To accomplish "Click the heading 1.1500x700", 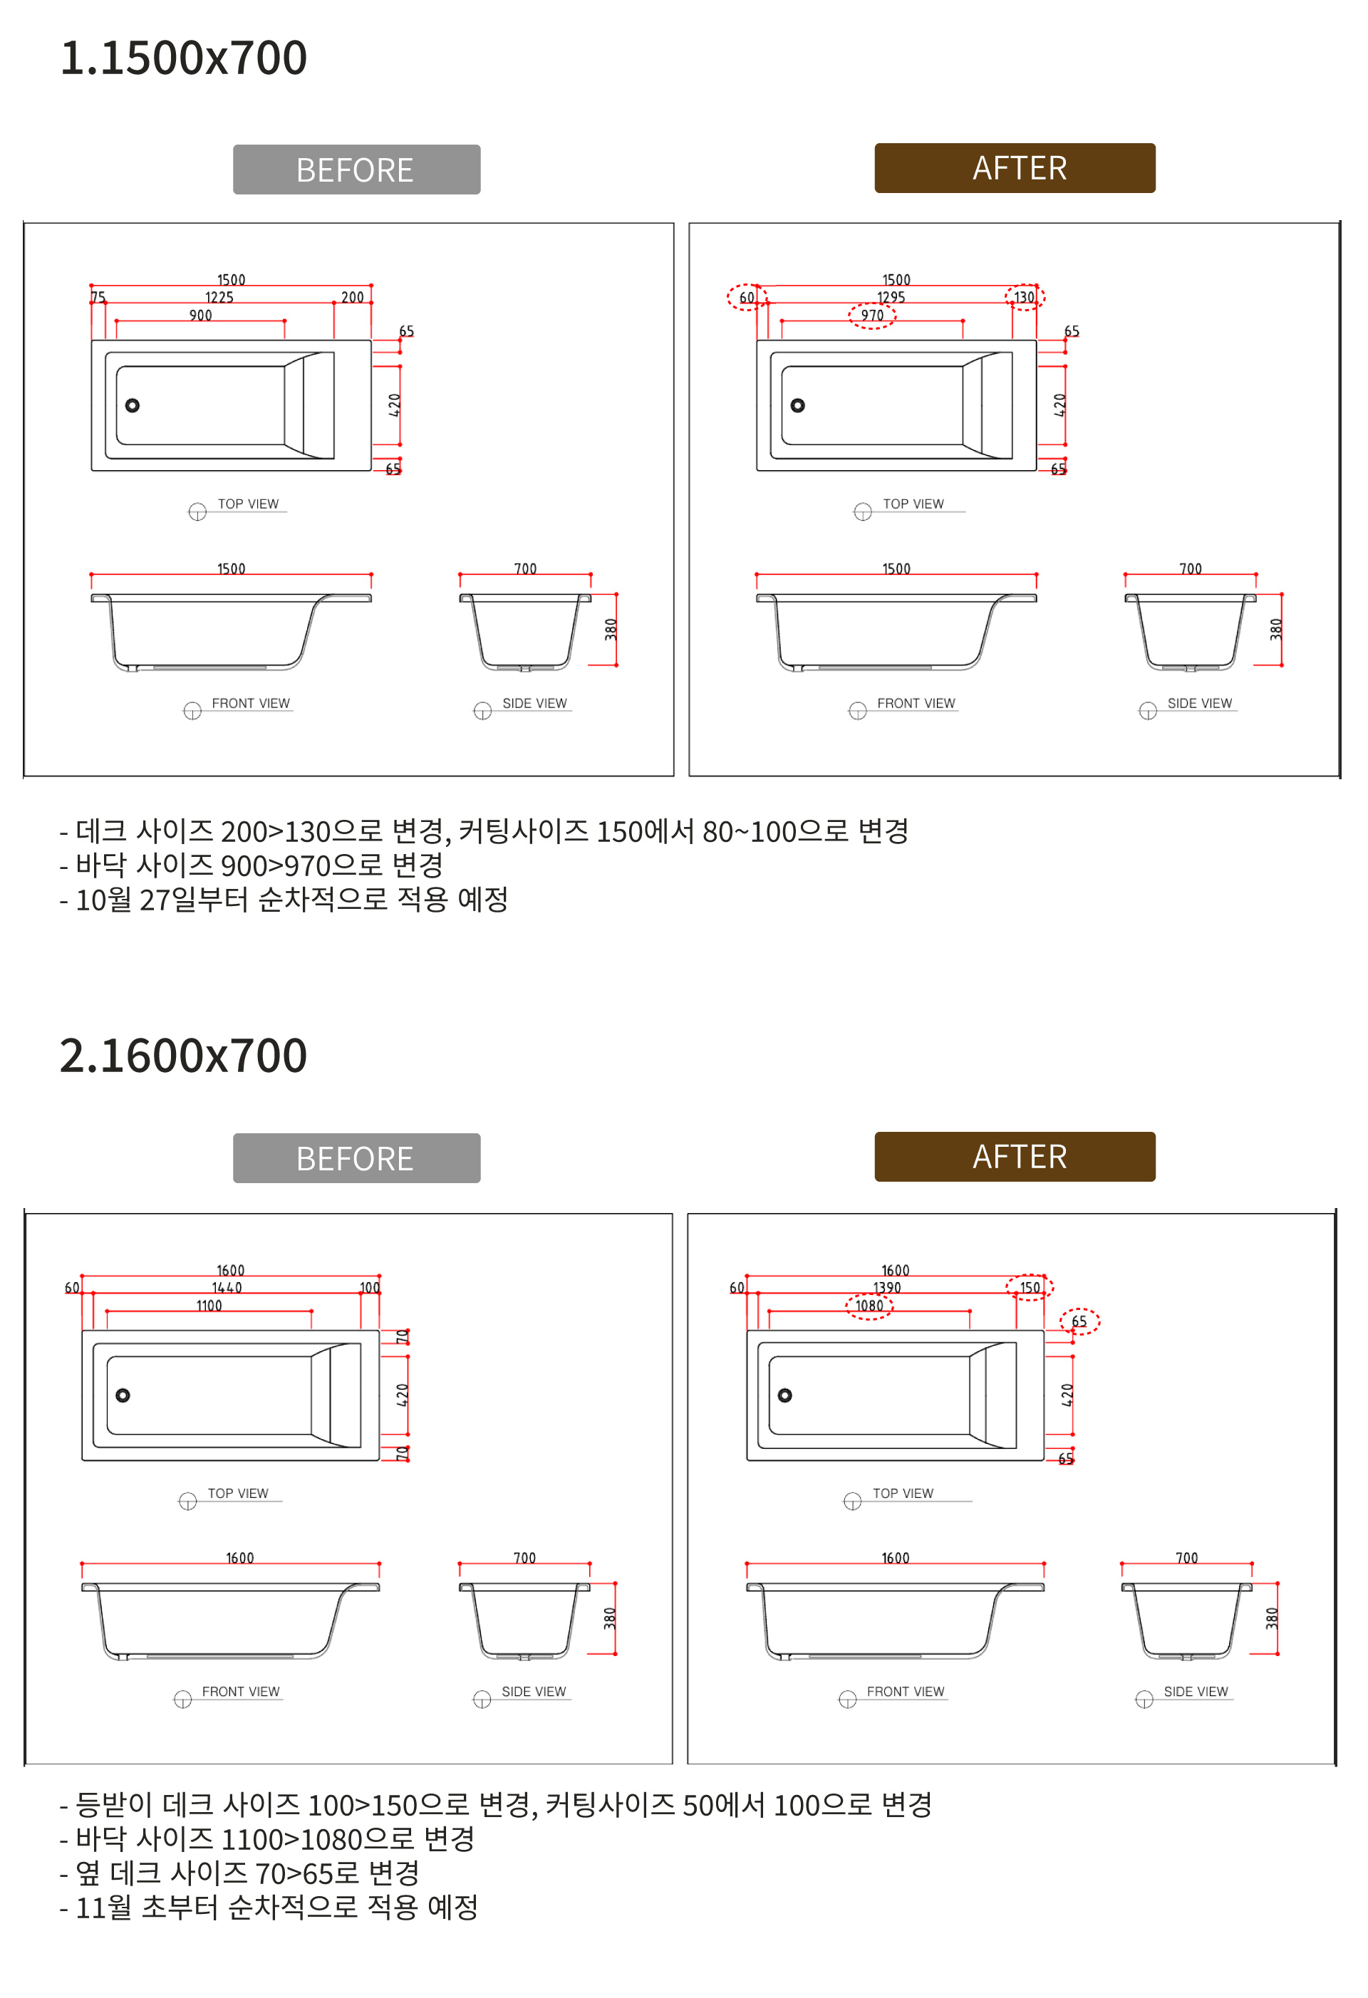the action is (x=183, y=58).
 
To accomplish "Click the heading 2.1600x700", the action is (x=183, y=1055).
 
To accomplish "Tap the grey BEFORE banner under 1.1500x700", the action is (x=356, y=170).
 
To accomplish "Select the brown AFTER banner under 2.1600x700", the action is (x=1015, y=1156).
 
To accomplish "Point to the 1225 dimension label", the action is (x=219, y=298).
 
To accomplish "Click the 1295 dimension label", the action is (x=891, y=298).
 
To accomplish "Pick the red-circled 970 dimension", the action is (x=872, y=316).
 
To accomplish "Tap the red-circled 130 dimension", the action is (x=1025, y=298).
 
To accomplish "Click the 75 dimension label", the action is (x=98, y=298).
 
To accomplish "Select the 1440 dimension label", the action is (x=227, y=1288).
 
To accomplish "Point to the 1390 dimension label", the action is (x=887, y=1288).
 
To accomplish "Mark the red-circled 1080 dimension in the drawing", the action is (x=869, y=1306).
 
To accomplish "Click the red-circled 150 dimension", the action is (x=1030, y=1288).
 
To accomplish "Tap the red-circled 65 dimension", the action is (x=1079, y=1321).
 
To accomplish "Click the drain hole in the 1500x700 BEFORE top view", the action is (x=133, y=406).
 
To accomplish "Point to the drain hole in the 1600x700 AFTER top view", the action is (x=785, y=1395).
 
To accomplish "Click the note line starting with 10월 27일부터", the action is (x=284, y=899).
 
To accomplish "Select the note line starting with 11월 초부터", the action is (x=269, y=1907).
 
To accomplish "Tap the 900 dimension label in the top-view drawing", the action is (x=200, y=316).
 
